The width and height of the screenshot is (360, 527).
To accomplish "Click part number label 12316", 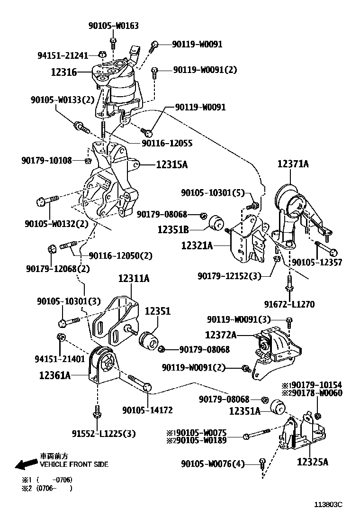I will [x=64, y=72].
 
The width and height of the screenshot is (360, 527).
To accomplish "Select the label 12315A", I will [x=171, y=165].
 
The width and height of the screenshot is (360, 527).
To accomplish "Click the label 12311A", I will [x=134, y=279].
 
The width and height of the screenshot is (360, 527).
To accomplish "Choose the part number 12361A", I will [x=55, y=376].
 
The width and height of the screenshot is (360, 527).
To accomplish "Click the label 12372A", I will [x=221, y=335].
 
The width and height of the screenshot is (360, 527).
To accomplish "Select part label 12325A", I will [x=313, y=461].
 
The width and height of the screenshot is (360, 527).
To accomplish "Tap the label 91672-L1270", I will [x=289, y=304].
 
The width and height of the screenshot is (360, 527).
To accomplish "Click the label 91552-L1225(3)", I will [x=104, y=433].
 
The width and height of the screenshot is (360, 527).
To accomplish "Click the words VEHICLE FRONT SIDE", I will [x=74, y=464].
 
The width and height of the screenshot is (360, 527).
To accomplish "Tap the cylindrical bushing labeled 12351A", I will [x=279, y=407].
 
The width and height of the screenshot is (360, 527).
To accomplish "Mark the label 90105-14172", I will [x=147, y=410].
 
